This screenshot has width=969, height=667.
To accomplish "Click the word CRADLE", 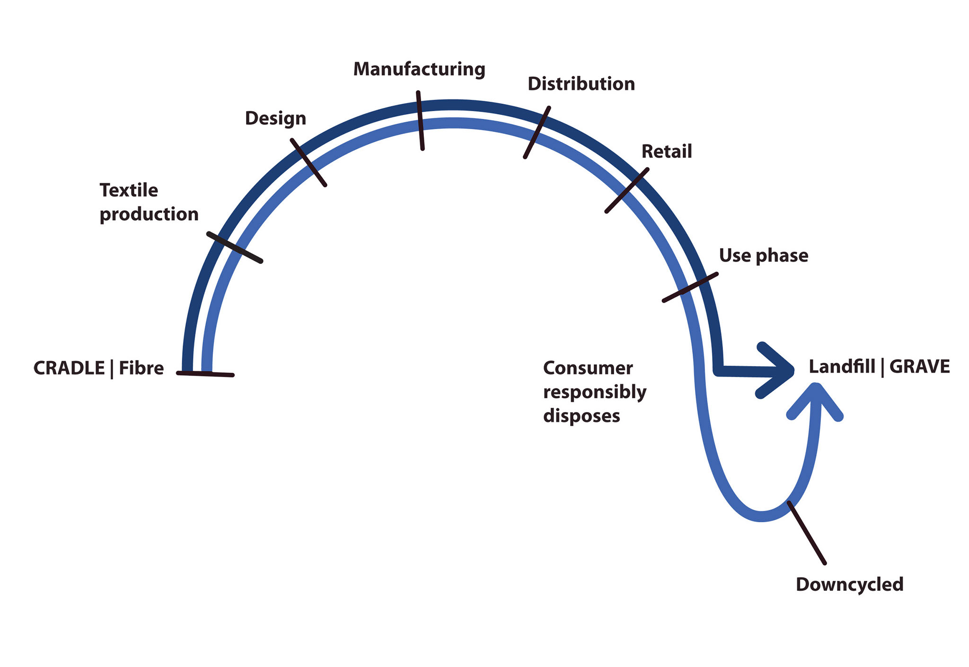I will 69,368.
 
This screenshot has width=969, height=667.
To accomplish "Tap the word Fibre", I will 141,368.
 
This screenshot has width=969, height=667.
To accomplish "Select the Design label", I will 275,118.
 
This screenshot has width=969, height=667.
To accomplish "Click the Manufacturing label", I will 419,69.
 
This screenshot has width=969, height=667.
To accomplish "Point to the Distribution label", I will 581,84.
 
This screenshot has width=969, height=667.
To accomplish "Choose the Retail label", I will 666,151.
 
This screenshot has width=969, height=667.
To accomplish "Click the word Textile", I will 129,190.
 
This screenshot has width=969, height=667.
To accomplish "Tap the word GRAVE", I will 919,367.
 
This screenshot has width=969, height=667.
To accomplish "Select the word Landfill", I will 842,367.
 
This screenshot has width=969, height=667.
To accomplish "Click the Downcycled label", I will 849,584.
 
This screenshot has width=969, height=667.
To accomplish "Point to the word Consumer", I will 588,368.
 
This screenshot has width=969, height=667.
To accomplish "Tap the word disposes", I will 581,416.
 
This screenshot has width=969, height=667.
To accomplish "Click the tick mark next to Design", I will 308,162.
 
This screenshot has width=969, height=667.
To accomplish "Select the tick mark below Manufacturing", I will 420,121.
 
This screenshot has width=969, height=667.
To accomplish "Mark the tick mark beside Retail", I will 627,190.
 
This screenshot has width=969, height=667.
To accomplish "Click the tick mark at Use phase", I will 690,287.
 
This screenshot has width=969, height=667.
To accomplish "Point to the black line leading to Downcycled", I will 807,533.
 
